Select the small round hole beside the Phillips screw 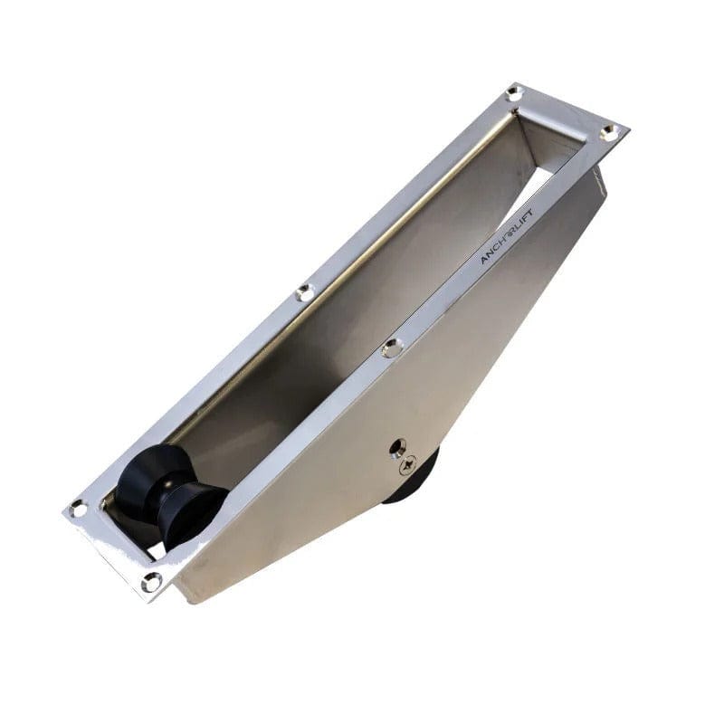pyautogui.click(x=396, y=447)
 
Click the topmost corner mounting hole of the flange pyautogui.click(x=513, y=92)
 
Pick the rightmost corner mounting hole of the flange pyautogui.click(x=608, y=132)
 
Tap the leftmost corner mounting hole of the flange pyautogui.click(x=79, y=509)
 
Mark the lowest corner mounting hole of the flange pyautogui.click(x=150, y=580)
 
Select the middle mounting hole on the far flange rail pyautogui.click(x=305, y=292)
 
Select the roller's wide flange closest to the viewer pyautogui.click(x=192, y=516)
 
